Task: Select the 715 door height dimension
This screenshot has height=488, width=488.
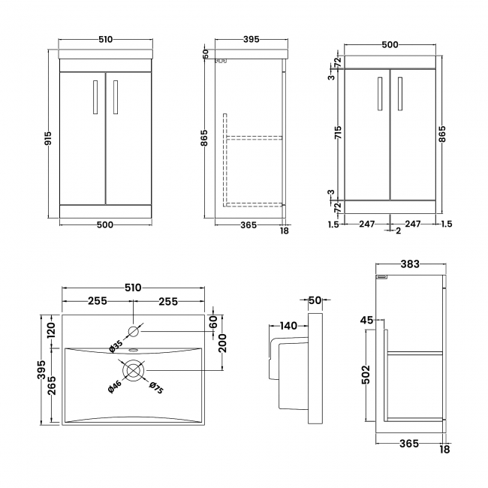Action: click(x=339, y=134)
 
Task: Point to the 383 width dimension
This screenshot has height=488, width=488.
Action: click(x=410, y=264)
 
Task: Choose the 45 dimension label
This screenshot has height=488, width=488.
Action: click(x=367, y=321)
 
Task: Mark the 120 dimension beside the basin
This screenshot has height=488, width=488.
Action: click(x=52, y=330)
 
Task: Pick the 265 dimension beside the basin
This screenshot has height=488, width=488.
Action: click(x=52, y=388)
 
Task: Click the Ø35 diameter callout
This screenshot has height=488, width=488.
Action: click(x=116, y=345)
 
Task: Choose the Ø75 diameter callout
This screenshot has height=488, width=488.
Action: click(x=155, y=387)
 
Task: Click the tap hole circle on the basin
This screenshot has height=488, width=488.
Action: click(x=134, y=330)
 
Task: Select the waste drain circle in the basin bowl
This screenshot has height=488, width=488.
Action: click(x=134, y=370)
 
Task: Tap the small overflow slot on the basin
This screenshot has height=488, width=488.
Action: click(x=134, y=349)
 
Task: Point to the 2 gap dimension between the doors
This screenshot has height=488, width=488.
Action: click(x=397, y=230)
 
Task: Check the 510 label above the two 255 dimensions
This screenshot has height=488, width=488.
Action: click(x=133, y=288)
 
